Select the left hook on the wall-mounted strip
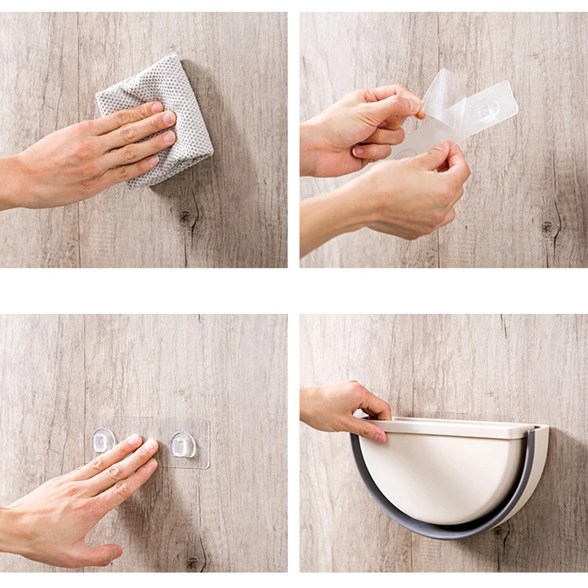pos(103,441)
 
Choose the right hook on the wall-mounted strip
pos(182,444)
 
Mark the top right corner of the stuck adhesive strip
pos(207,421)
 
